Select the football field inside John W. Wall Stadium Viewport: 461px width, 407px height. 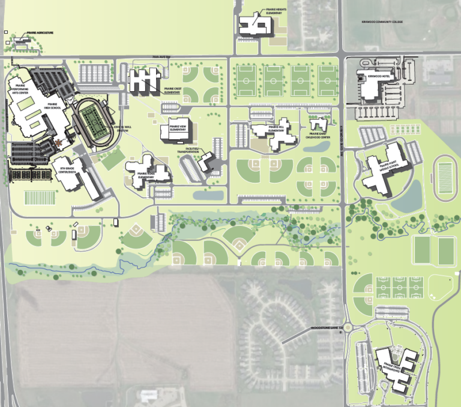pyautogui.click(x=93, y=123)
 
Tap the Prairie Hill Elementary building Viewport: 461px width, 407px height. pyautogui.click(x=273, y=135)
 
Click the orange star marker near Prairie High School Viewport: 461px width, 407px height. pyautogui.click(x=58, y=142)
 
